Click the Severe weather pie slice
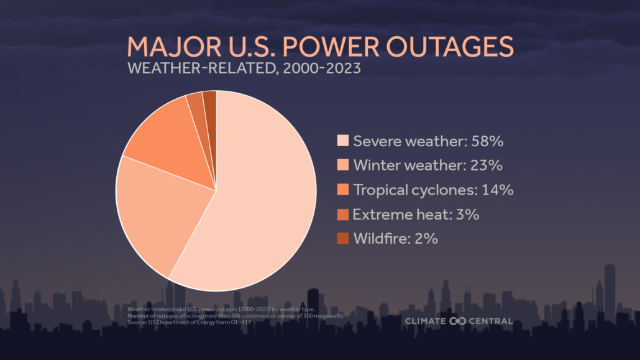(267, 199)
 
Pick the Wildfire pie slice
(210, 103)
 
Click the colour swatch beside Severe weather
(342, 141)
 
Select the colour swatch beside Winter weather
(342, 165)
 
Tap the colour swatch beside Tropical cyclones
(342, 190)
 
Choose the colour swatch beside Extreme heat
(342, 215)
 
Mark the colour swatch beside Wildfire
(342, 238)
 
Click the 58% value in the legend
(486, 141)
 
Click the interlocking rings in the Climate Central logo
(457, 321)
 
